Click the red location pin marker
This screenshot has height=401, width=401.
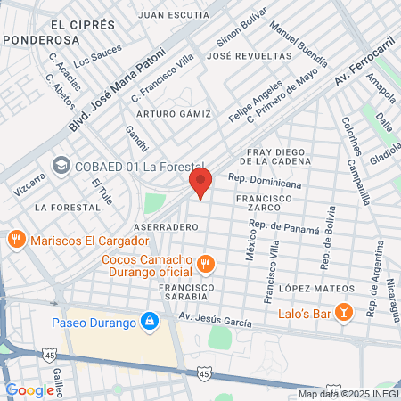point(200,183)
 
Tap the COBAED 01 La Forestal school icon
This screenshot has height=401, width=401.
point(60,165)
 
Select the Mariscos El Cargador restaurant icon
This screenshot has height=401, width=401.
point(16,240)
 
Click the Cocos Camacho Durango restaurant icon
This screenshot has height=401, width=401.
point(206,263)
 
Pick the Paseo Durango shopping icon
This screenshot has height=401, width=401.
point(151,320)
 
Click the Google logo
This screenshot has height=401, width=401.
point(29,389)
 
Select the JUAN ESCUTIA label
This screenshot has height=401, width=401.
point(174,14)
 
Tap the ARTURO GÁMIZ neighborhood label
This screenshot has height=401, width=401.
point(174,114)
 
